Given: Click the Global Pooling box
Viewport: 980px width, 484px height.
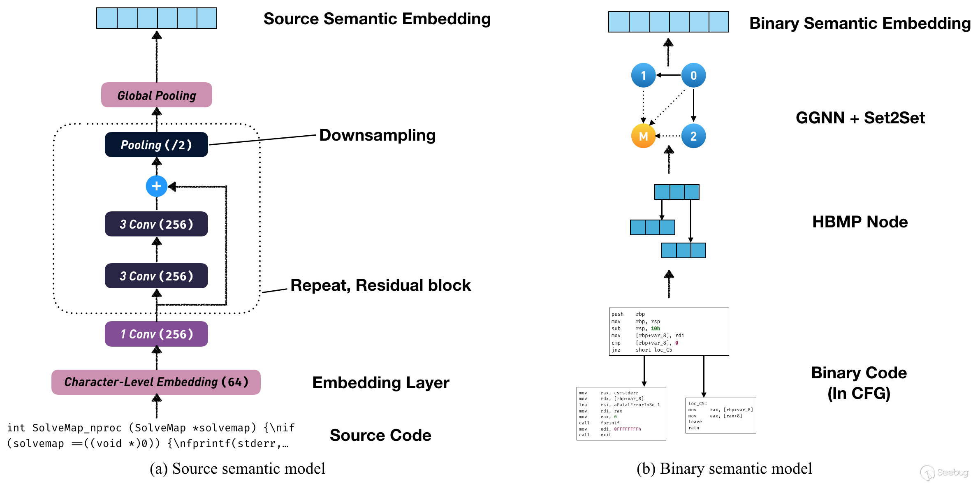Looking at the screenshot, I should click(156, 95).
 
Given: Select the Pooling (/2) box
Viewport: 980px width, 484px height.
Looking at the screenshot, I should click(156, 145).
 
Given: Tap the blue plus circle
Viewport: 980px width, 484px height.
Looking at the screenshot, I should click(156, 186).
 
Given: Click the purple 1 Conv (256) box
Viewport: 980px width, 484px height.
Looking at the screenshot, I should click(156, 334).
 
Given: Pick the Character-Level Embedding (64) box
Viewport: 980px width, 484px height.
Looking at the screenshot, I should click(156, 382).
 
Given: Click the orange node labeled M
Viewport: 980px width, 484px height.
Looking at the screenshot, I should click(643, 136).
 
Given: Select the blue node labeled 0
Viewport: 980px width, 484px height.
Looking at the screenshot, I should click(693, 75).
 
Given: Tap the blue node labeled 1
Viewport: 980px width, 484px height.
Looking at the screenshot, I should click(643, 75).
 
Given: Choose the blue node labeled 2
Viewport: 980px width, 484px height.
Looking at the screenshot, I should click(693, 136).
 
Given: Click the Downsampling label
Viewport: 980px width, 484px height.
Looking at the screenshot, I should click(377, 135).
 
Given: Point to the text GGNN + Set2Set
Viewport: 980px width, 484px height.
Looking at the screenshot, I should click(860, 118).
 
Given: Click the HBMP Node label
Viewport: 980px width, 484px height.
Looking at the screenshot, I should click(860, 222).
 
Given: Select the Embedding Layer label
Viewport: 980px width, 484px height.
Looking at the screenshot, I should click(380, 383).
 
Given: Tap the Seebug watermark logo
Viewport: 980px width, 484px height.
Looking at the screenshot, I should click(944, 472).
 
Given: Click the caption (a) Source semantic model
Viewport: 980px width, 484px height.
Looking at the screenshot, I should click(237, 469).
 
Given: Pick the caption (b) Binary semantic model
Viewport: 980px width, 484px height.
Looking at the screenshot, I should click(724, 469).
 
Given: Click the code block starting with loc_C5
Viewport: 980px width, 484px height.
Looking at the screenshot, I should click(721, 415).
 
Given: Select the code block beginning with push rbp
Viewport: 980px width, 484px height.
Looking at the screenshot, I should click(669, 331).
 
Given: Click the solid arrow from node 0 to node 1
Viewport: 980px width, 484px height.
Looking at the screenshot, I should click(669, 75).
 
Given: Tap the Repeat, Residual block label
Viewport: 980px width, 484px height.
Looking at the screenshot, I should click(380, 285).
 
